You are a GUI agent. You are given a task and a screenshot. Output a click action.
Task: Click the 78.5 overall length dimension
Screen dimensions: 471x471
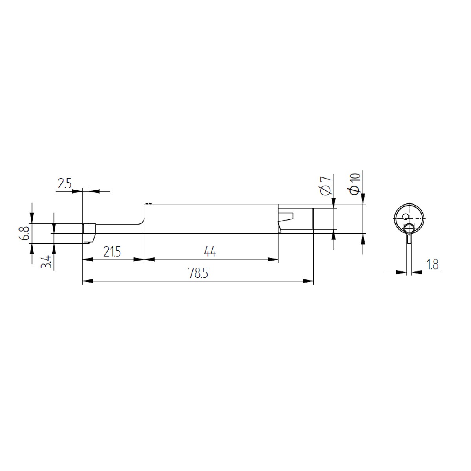[x=198, y=273]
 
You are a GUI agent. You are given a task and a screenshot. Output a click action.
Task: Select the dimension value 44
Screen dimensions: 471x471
[x=210, y=252]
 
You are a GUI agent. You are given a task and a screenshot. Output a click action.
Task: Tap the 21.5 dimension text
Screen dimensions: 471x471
[x=112, y=252]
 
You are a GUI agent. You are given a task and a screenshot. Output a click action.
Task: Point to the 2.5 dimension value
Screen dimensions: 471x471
[x=64, y=184]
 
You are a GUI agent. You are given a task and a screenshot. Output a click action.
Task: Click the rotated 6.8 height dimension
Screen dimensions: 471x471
[x=25, y=233]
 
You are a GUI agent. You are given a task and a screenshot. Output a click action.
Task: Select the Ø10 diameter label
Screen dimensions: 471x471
[x=355, y=184]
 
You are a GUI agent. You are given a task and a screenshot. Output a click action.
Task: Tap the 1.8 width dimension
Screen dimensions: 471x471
[x=433, y=265]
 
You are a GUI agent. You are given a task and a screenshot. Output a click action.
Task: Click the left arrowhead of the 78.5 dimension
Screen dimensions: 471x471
[x=88, y=281]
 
